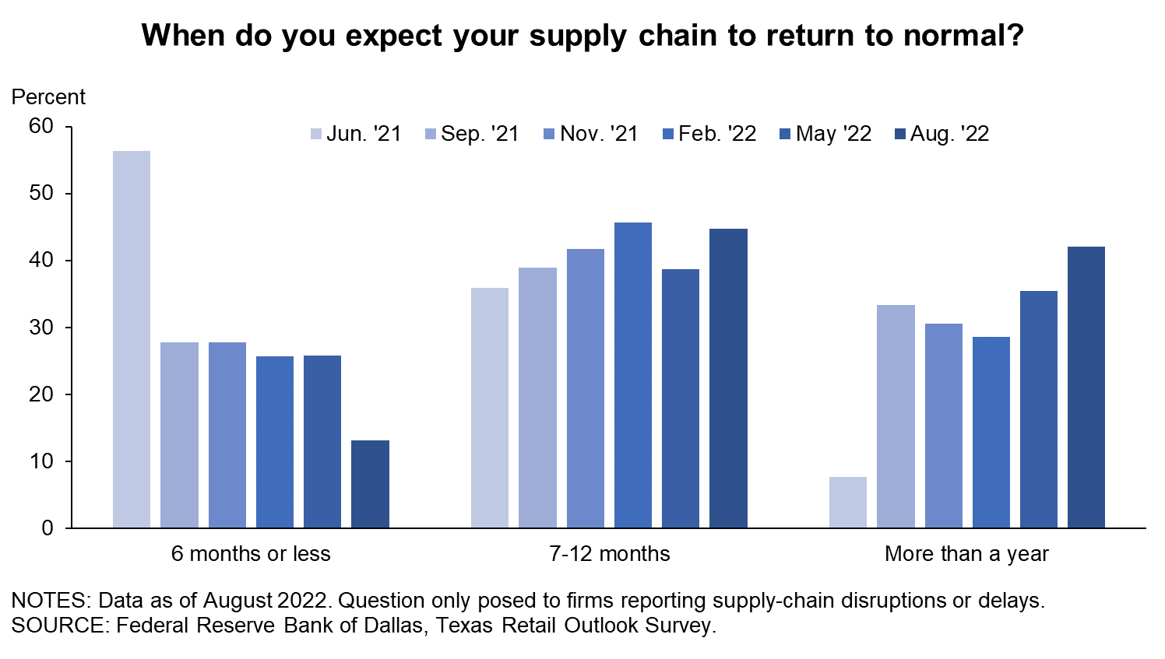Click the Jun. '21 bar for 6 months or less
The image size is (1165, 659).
[132, 339]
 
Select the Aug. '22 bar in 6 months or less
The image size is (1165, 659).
[371, 485]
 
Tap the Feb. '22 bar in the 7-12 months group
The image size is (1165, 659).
[633, 375]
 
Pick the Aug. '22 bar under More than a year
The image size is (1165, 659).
[1086, 387]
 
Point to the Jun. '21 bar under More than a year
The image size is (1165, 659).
[848, 503]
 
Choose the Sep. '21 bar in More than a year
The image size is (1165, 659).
[896, 416]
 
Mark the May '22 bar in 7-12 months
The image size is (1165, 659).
[681, 398]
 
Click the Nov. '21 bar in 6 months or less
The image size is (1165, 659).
[227, 435]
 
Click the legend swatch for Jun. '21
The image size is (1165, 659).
[316, 134]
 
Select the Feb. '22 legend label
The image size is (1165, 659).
[717, 134]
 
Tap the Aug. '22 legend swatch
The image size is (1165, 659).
[900, 134]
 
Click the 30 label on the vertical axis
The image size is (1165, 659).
[41, 328]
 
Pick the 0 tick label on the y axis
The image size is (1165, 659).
[48, 528]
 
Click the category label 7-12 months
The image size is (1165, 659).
[610, 554]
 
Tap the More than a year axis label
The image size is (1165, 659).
[967, 554]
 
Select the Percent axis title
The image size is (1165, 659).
[48, 97]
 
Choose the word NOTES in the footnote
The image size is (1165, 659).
[51, 601]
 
